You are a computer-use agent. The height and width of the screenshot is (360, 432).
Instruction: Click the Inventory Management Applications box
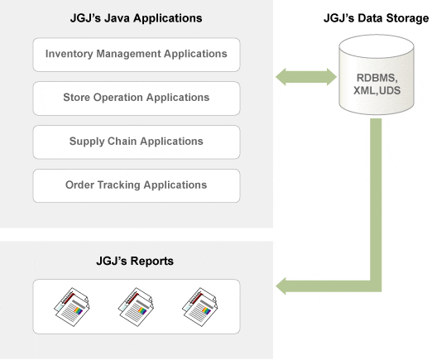[137, 55]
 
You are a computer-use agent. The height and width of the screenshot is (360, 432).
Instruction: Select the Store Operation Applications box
[137, 98]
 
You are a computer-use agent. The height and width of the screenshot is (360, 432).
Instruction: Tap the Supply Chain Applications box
[137, 142]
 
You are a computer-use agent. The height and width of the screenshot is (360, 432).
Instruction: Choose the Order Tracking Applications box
[137, 185]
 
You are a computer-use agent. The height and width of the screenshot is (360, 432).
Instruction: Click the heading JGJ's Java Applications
[136, 18]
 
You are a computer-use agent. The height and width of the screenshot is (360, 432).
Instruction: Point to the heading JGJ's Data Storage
[376, 18]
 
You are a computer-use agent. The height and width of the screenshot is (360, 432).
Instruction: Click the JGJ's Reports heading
[135, 261]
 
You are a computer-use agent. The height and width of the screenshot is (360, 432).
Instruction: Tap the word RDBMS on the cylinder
[377, 78]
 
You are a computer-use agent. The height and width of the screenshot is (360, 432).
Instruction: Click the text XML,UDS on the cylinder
[377, 90]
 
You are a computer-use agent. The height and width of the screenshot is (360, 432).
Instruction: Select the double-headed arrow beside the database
[306, 77]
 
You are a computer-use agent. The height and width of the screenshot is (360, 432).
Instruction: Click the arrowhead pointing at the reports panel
[281, 286]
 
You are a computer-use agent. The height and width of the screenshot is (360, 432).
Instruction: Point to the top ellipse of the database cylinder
[377, 46]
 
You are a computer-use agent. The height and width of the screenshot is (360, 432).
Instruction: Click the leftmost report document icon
[72, 307]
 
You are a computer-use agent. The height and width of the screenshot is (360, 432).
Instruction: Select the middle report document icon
[136, 307]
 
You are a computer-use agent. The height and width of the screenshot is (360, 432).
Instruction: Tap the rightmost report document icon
[200, 307]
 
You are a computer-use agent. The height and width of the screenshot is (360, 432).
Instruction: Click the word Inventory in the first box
[69, 54]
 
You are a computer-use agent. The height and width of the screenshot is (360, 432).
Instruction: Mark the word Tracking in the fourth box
[119, 185]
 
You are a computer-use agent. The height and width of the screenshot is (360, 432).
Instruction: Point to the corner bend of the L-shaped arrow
[376, 286]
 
